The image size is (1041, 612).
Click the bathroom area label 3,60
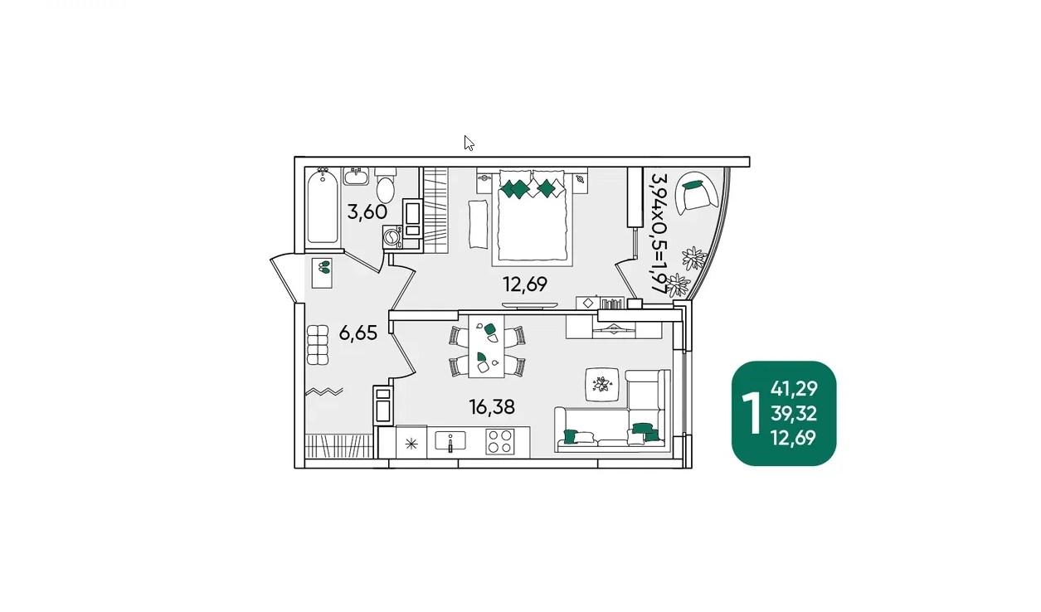(x=367, y=212)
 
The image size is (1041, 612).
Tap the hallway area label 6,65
(x=358, y=333)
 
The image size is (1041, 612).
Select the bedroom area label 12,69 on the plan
(x=525, y=284)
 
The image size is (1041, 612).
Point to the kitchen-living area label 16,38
(x=492, y=407)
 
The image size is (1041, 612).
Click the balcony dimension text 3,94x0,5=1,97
(x=659, y=233)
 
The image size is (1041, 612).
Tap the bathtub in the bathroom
(x=323, y=207)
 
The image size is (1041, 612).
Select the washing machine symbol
(x=392, y=237)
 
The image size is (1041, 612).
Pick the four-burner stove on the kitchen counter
(x=499, y=441)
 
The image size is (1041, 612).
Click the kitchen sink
(x=450, y=440)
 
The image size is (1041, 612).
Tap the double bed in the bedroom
(x=533, y=217)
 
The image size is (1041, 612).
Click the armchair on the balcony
(x=697, y=193)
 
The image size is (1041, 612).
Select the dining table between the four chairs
(x=487, y=346)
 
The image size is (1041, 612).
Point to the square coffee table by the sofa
(x=602, y=384)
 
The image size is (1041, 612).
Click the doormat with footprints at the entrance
(x=322, y=273)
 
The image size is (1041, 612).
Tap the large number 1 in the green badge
(x=751, y=413)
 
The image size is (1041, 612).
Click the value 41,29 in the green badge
(x=794, y=389)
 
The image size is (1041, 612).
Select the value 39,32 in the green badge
(x=794, y=414)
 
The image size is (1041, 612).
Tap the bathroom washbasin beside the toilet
(x=356, y=177)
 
